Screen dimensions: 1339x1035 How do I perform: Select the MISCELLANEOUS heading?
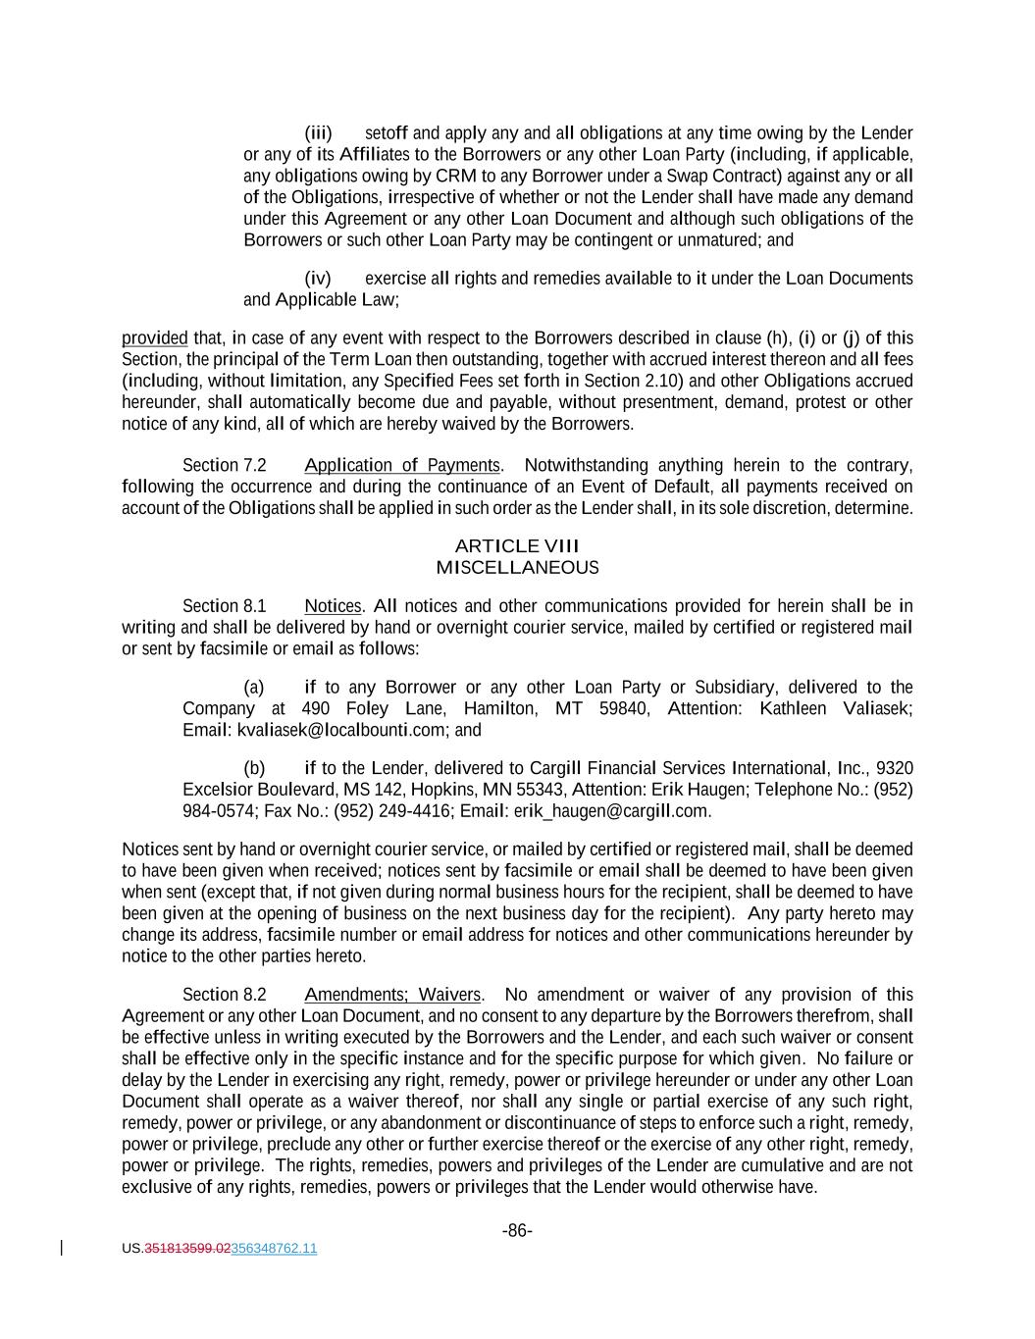click(517, 567)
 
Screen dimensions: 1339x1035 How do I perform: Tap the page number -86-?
click(517, 1230)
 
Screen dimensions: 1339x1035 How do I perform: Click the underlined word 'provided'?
click(154, 338)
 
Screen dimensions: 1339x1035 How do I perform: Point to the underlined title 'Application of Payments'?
click(402, 465)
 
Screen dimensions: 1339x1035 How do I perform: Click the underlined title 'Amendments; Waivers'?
click(392, 995)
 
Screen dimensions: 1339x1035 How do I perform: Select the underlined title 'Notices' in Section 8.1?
click(333, 606)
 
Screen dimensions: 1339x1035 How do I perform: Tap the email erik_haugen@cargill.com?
click(610, 810)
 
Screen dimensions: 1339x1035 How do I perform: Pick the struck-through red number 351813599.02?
click(187, 1249)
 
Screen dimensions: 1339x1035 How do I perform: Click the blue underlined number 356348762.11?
click(274, 1249)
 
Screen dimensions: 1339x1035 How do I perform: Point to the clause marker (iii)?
click(318, 132)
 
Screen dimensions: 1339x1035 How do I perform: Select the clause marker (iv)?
click(318, 278)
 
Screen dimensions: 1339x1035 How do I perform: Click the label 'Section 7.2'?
click(224, 465)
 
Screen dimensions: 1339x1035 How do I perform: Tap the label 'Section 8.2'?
click(224, 995)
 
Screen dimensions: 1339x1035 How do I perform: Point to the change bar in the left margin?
click(63, 1248)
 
